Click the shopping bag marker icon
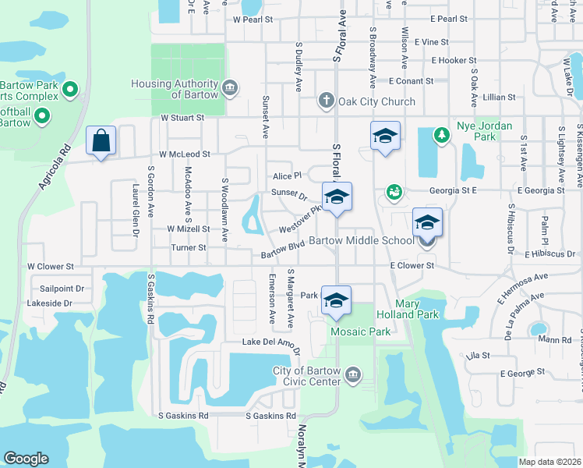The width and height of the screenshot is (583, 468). click(101, 141)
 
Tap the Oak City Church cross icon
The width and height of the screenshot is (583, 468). click(326, 101)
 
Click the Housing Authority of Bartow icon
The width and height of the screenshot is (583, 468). click(230, 86)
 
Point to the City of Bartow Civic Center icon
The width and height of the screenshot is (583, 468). click(353, 376)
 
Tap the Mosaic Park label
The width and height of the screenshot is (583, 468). click(359, 331)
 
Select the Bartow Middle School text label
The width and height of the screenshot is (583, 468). click(362, 241)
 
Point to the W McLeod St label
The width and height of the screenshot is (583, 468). click(185, 154)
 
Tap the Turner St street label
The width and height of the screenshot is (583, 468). click(189, 248)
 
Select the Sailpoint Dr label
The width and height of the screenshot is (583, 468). click(61, 288)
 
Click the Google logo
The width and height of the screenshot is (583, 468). click(26, 459)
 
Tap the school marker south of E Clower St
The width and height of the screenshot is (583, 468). click(336, 301)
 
